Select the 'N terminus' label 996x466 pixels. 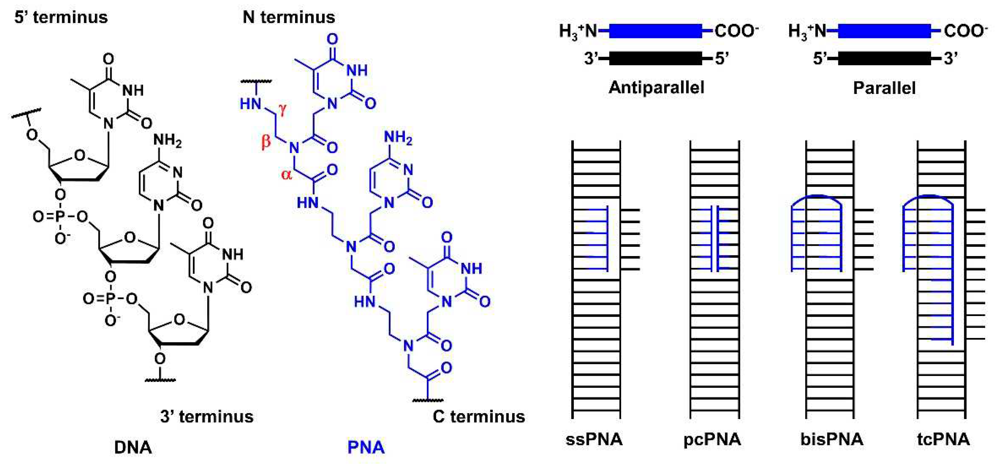point(289,17)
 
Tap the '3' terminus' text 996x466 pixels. point(207,417)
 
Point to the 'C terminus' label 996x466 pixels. point(479,417)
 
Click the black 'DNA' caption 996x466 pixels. point(133,447)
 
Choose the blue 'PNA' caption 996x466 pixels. point(366,447)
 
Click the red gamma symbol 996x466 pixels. point(283,109)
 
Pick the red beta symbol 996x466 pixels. point(266,141)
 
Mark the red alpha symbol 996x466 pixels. point(286,175)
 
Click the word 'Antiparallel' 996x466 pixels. point(656,88)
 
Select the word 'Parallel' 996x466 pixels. point(884,88)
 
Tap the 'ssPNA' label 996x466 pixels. point(594,439)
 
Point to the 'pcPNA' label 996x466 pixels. point(712,439)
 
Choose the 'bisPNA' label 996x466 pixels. point(832,439)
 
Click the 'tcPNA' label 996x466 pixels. point(943,439)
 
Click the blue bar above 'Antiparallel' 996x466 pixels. point(655,31)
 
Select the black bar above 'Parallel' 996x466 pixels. point(884,58)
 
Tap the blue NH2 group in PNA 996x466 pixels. point(398,138)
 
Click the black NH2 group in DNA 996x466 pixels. point(167,140)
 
